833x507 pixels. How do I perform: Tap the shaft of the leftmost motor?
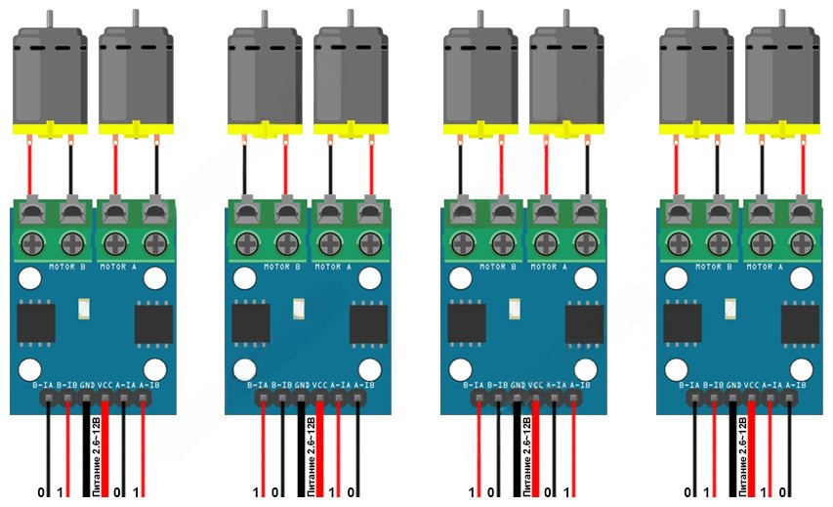[48, 19]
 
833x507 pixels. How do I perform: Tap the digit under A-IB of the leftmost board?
[137, 491]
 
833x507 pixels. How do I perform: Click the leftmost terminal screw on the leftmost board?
[30, 241]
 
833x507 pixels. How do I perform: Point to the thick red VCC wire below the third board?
[536, 459]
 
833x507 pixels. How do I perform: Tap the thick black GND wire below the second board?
[303, 459]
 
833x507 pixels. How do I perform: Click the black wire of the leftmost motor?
[69, 166]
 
